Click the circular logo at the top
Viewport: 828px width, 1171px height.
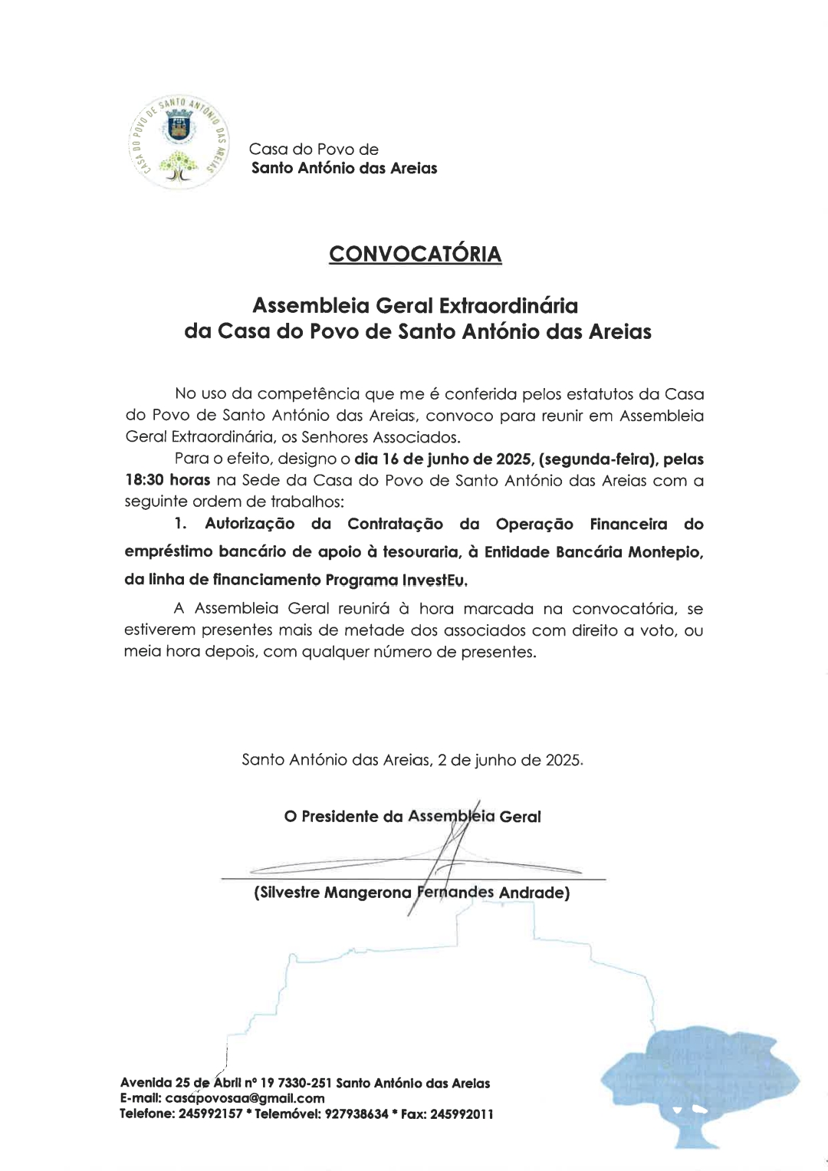[x=178, y=143]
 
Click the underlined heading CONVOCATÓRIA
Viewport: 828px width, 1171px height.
[x=415, y=254]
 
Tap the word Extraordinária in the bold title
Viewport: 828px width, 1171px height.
[x=508, y=305]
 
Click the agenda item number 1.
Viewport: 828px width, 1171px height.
[x=180, y=524]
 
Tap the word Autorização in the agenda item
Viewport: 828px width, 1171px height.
[x=249, y=524]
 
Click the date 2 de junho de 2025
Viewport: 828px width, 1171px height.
[x=509, y=760]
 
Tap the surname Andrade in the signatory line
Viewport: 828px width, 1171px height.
[x=534, y=893]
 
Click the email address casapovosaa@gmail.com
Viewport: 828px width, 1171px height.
[x=245, y=1098]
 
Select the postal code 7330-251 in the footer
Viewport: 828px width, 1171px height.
[x=304, y=1083]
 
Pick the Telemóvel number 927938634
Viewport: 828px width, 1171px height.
[x=356, y=1113]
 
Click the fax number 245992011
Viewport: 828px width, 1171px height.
[x=462, y=1113]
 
